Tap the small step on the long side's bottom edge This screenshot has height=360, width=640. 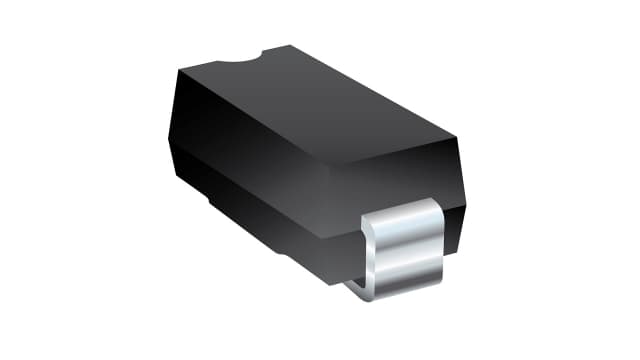(215, 200)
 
